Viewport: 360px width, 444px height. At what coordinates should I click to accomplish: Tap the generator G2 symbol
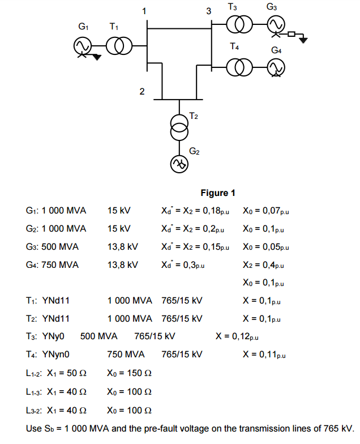click(x=179, y=164)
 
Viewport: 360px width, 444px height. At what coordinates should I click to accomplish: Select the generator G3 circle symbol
click(x=277, y=24)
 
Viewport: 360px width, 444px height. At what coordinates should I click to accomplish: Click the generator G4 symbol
click(x=277, y=68)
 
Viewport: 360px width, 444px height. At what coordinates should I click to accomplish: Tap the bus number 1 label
click(x=144, y=11)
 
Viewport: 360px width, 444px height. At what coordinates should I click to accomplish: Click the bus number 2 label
click(x=142, y=91)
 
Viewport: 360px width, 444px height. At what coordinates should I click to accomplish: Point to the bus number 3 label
click(x=208, y=11)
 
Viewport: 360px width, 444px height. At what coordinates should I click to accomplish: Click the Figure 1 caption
click(x=218, y=193)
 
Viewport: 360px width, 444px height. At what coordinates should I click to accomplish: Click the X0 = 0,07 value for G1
click(x=263, y=211)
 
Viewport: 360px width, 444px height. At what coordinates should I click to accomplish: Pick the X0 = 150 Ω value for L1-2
click(x=130, y=373)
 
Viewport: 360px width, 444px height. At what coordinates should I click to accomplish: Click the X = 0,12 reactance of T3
click(x=237, y=336)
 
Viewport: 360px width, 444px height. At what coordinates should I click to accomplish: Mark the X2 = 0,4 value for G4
click(x=263, y=265)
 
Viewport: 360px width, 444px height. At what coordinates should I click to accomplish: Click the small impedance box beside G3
click(x=292, y=35)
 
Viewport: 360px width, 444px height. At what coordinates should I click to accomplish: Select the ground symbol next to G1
click(x=97, y=56)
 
